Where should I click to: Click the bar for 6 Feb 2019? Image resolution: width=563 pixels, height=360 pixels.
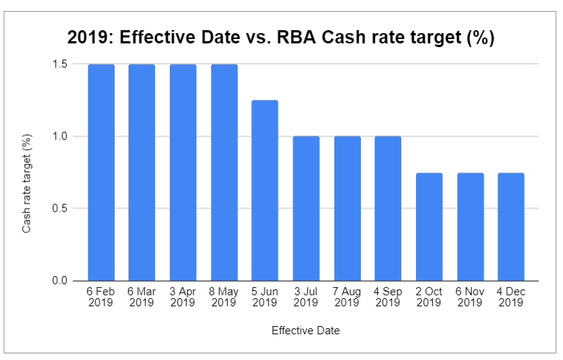tap(101, 173)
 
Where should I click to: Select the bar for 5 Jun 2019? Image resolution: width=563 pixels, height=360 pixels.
tap(265, 190)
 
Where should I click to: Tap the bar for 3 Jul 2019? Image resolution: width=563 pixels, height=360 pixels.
tap(306, 209)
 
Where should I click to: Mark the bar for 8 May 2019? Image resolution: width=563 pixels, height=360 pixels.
tap(224, 173)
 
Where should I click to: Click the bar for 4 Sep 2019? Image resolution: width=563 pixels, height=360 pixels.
tap(388, 209)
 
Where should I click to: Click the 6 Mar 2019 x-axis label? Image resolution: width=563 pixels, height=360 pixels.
tap(142, 297)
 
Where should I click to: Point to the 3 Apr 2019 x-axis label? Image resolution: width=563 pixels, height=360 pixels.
tap(183, 297)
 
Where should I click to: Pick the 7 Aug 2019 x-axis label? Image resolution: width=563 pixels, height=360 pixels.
tap(347, 297)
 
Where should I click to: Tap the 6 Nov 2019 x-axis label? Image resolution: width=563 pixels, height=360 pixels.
tap(470, 297)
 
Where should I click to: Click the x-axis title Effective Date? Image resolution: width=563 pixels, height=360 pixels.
tap(306, 331)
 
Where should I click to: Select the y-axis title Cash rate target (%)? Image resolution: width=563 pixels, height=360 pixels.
tap(26, 184)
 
